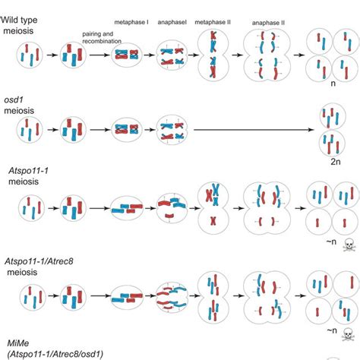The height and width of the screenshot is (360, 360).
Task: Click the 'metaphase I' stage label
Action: point(131,22)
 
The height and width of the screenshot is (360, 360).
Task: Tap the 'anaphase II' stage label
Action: point(268,23)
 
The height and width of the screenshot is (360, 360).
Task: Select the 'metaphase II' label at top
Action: point(213,22)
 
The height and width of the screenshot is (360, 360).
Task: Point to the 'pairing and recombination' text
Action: point(102,37)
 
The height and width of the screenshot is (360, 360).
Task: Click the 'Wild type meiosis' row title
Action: point(19,25)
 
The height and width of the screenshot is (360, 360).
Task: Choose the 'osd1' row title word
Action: point(14,99)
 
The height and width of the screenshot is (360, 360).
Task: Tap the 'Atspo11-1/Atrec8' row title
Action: point(39,261)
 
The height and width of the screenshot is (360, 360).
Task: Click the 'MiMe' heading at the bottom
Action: point(18,343)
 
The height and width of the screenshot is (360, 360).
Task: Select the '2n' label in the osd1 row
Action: point(336,162)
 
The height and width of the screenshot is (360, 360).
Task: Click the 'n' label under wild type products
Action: point(333,84)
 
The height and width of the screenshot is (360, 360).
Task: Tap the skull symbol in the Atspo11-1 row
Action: point(349,245)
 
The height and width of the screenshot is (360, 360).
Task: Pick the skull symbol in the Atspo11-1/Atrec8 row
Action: point(348,334)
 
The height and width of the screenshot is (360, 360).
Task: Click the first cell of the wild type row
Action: point(30,55)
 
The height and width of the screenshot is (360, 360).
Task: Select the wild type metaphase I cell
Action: point(127,55)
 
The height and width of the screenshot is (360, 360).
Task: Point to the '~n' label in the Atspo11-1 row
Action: point(331,242)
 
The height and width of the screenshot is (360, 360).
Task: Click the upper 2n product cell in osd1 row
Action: point(333,116)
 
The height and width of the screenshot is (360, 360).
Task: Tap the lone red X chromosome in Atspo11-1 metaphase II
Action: point(213,221)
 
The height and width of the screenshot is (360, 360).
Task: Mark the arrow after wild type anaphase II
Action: point(298,55)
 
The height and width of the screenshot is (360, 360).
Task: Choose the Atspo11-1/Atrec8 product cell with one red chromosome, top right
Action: point(346,283)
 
